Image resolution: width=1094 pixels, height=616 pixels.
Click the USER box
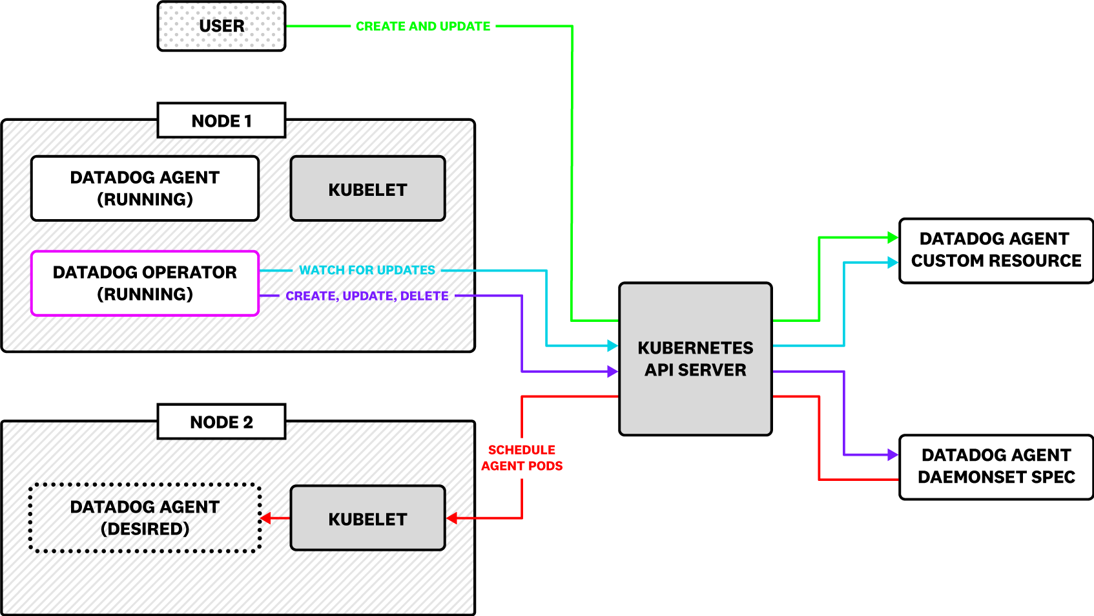221,26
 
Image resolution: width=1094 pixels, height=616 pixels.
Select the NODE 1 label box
221,120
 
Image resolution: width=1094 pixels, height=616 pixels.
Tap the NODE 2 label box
221,421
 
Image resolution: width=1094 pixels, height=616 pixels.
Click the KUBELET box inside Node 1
367,189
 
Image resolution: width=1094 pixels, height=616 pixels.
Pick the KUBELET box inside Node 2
367,518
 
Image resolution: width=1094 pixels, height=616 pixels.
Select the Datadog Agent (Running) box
145,188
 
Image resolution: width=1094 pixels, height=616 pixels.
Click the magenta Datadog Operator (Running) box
145,283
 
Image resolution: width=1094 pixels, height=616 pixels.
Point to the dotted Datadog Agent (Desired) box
145,518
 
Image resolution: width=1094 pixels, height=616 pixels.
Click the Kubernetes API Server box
695,359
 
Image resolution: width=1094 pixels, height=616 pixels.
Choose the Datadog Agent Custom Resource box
995,250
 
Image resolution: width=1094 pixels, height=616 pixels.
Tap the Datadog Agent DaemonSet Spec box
995,466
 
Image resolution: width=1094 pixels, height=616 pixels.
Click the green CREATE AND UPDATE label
423,27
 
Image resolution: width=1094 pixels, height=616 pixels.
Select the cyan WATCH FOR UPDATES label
367,270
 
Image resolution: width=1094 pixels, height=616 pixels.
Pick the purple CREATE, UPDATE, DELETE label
367,296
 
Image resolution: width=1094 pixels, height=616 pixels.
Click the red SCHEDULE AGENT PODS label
522,458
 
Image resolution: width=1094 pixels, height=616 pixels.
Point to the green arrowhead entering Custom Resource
893,238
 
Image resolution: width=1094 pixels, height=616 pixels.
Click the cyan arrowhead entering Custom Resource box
893,262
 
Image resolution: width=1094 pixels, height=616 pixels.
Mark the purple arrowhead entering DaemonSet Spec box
893,455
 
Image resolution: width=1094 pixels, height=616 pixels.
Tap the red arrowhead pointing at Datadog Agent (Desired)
265,518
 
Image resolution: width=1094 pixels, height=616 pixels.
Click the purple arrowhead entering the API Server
613,372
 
